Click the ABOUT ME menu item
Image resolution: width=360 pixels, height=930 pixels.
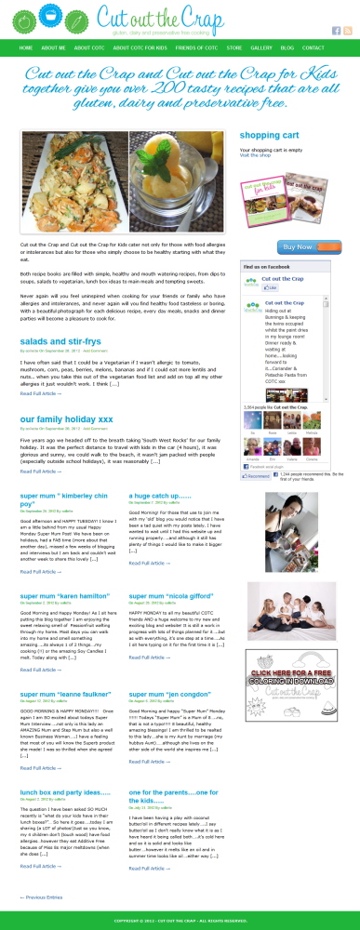(x=53, y=47)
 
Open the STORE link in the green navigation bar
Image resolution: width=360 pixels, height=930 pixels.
(x=234, y=47)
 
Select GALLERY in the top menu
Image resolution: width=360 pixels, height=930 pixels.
(x=260, y=47)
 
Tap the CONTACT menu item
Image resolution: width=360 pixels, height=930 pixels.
(x=313, y=47)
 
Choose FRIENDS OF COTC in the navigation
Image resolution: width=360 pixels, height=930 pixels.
(x=195, y=47)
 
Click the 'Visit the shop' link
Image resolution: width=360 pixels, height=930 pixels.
(x=255, y=155)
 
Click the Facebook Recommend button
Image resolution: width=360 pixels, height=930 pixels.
(x=254, y=475)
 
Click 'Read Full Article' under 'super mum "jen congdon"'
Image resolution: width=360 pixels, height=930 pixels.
(x=148, y=768)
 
